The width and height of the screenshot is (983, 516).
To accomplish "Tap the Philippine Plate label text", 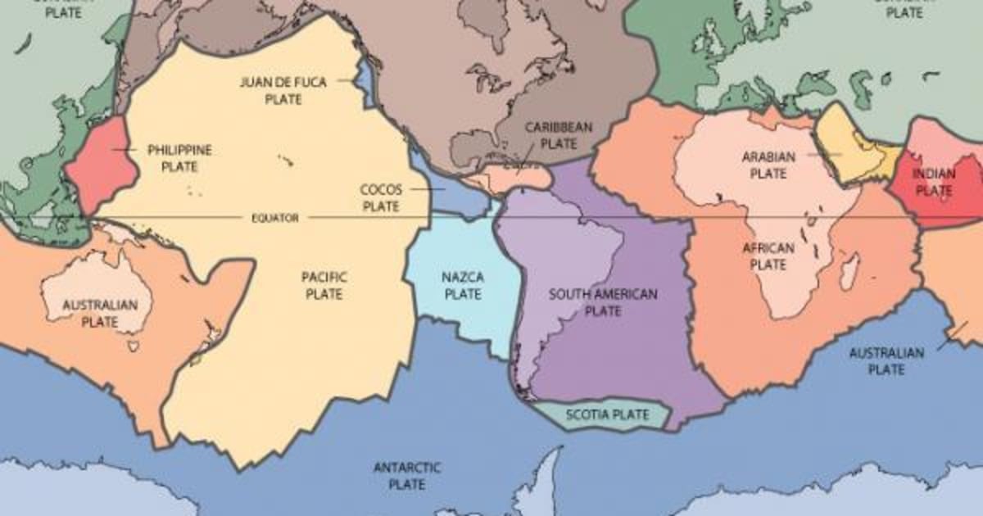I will coord(179,158).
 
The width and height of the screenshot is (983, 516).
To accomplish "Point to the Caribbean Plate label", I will coord(559,135).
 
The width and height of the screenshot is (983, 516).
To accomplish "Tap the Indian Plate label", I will coord(933,182).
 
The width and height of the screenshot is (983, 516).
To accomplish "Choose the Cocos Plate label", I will coord(381,197).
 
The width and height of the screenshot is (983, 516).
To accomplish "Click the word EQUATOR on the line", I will coord(274,218).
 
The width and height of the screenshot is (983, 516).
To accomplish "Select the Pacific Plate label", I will coord(324,285).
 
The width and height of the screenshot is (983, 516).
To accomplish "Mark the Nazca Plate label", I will coord(463,285).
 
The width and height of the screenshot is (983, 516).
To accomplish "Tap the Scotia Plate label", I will coord(607,414).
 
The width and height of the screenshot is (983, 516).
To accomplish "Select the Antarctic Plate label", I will coord(407,476).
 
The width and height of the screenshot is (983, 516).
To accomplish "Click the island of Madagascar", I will coord(850,270).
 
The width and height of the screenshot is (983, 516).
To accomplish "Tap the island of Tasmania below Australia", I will coord(134,347).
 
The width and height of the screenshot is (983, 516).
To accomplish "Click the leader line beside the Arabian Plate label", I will coord(824,153).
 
